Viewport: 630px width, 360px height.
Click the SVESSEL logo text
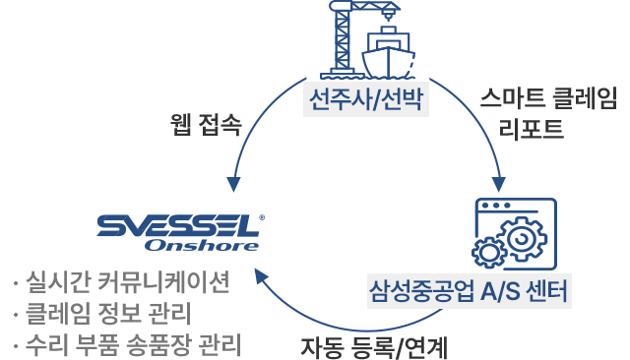pyautogui.click(x=163, y=225)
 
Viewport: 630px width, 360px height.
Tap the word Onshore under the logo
pyautogui.click(x=187, y=245)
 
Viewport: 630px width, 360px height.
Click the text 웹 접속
pyautogui.click(x=206, y=125)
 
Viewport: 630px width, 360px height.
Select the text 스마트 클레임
pyautogui.click(x=548, y=98)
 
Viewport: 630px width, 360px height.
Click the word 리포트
pyautogui.click(x=532, y=128)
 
